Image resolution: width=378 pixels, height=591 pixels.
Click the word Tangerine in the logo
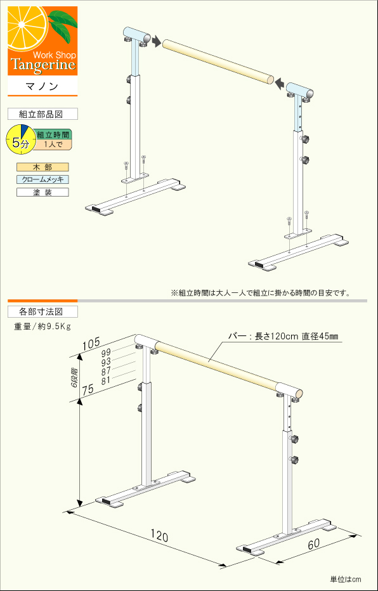tap(42, 65)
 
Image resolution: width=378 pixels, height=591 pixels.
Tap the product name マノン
tap(42, 86)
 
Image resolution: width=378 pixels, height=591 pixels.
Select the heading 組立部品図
tap(42, 114)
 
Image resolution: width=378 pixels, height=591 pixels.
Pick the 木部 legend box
tap(42, 167)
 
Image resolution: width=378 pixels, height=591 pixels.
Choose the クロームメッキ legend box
tap(42, 179)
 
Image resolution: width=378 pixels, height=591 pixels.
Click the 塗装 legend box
tap(42, 192)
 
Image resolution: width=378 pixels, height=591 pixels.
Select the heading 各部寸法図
tap(42, 311)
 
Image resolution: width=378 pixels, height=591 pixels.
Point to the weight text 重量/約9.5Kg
tap(42, 327)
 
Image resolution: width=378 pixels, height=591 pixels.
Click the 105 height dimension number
tap(91, 345)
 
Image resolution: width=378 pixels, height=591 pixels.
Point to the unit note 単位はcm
tap(345, 579)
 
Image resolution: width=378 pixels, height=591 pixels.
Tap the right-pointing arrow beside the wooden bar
tap(156, 41)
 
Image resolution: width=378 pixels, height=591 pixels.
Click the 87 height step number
tap(106, 370)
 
